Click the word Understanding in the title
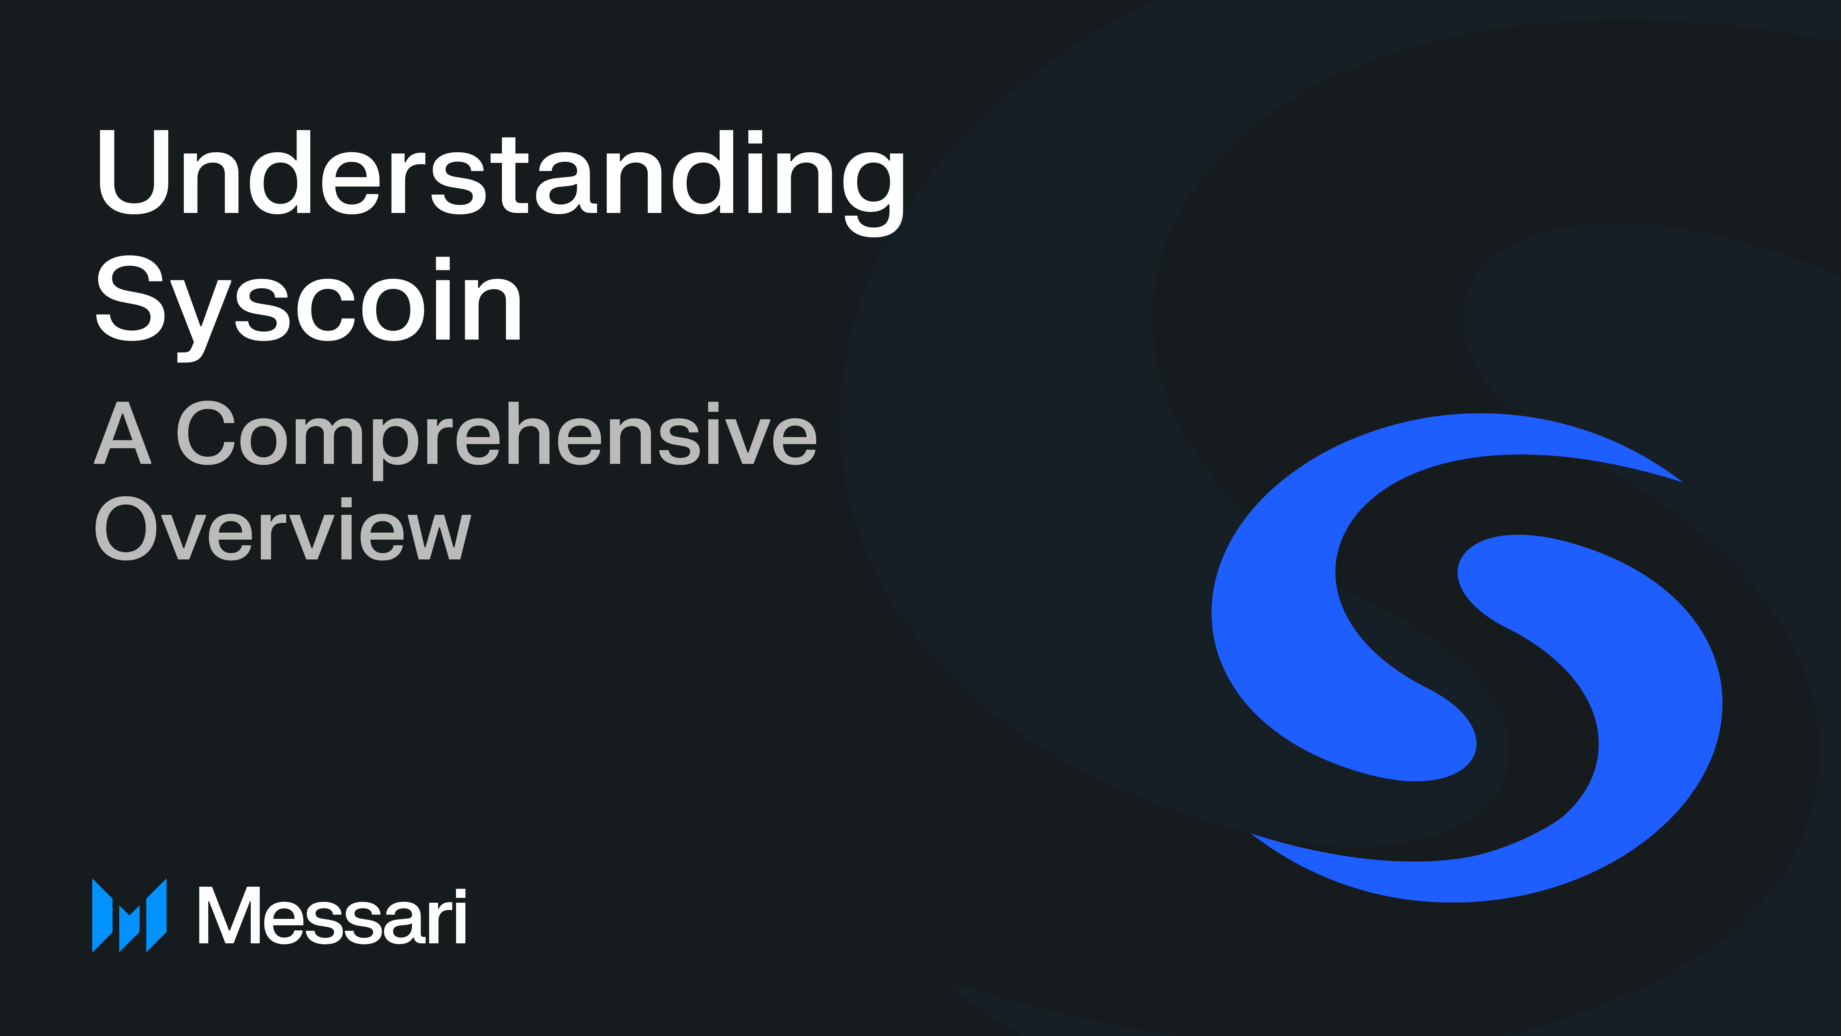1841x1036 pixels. pyautogui.click(x=500, y=175)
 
